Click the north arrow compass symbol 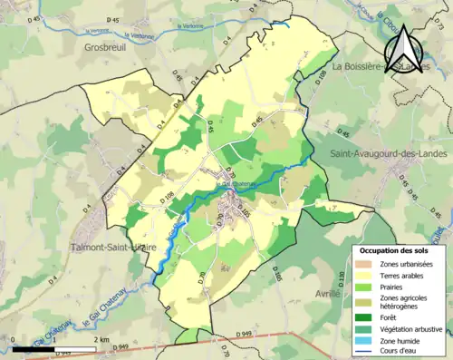[x=406, y=48]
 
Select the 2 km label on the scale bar [x=102, y=340]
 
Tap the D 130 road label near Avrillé [x=342, y=277]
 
